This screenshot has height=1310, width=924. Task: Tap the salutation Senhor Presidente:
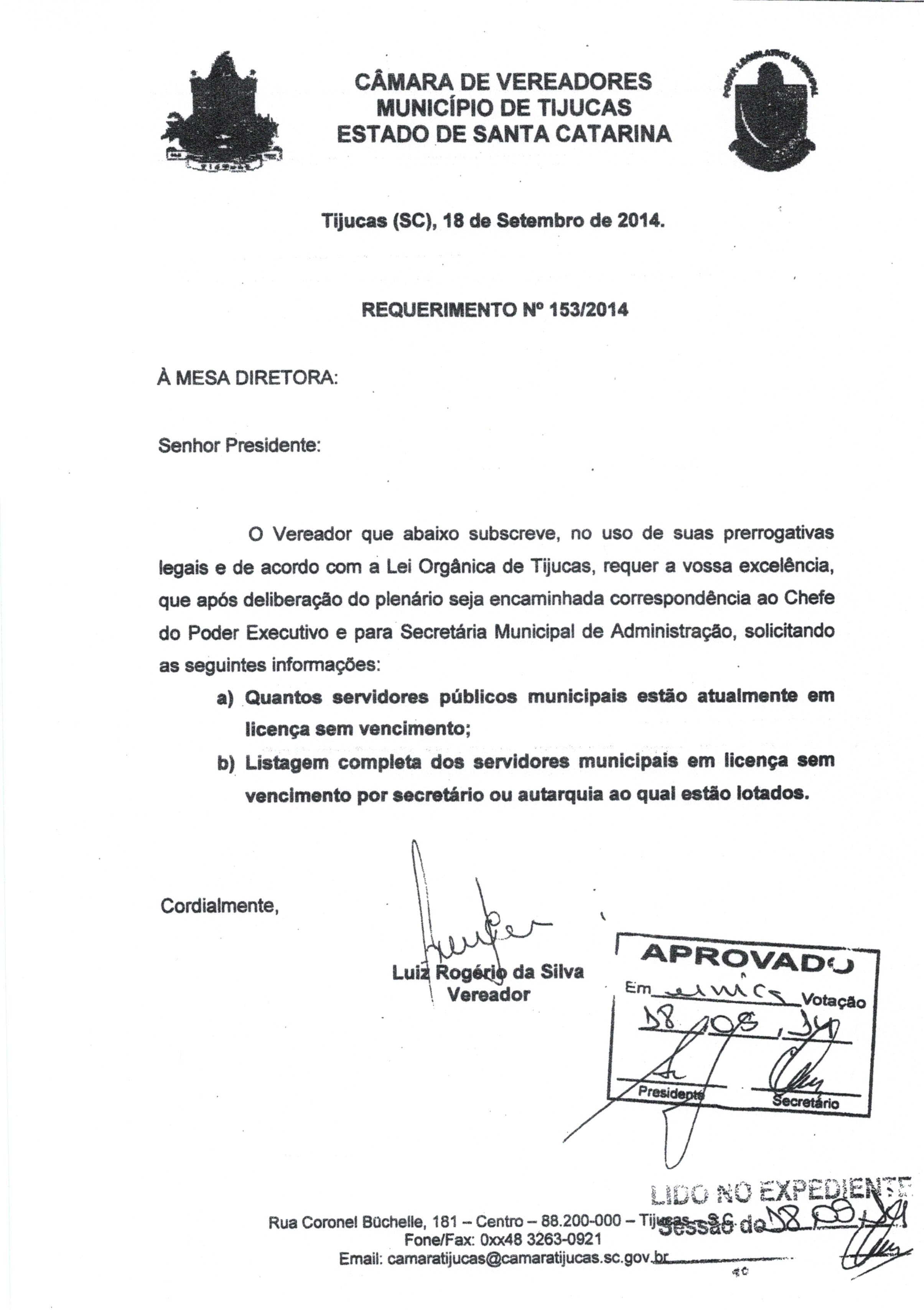tap(240, 445)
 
